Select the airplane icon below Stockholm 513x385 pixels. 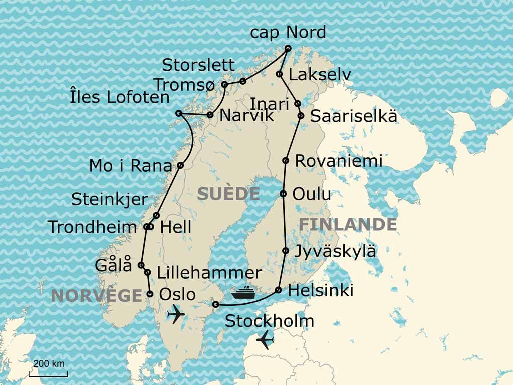coord(265,340)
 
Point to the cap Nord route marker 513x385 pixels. coord(288,49)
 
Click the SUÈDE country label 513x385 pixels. coord(228,194)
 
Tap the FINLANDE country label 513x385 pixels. coord(348,224)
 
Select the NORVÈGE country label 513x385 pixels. coord(97,296)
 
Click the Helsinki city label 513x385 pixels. coord(321,290)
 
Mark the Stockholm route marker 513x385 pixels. coord(216,304)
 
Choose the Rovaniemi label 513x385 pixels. coord(339,161)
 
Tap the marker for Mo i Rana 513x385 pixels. coord(180,165)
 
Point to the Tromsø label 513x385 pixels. coord(186,85)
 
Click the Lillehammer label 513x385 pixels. coord(209,273)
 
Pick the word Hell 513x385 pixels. coord(175,227)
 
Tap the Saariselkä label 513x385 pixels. coord(354,116)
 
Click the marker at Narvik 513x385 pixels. coord(210,115)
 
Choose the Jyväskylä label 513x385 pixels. coord(335,251)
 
